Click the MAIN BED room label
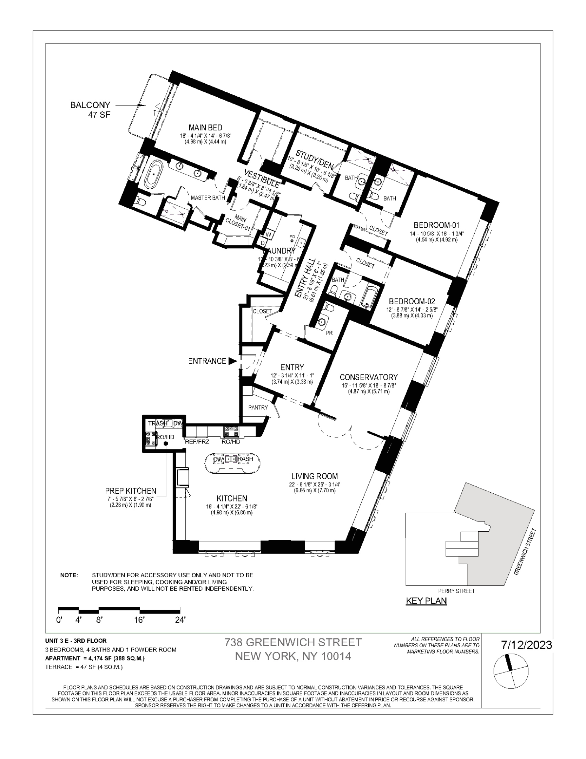[x=205, y=128]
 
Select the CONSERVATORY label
[x=369, y=377]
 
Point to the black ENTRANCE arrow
[x=232, y=361]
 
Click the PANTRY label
[x=258, y=408]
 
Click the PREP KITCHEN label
[x=131, y=491]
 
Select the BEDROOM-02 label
[x=412, y=301]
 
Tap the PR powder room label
[x=329, y=333]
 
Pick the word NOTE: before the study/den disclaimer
[x=69, y=576]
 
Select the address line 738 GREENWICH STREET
[x=293, y=642]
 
